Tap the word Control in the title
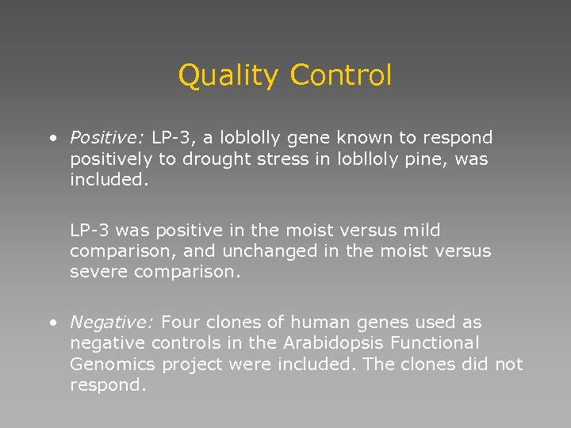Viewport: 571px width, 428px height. [x=341, y=75]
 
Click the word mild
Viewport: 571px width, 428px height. [x=421, y=231]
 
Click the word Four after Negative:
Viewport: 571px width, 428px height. [x=182, y=323]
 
